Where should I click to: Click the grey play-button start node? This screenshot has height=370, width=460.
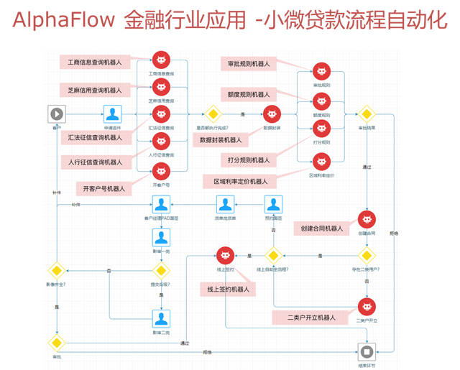(x=57, y=114)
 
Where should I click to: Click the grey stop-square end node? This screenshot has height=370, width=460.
(x=367, y=352)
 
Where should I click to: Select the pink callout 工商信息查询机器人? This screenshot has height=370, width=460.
(x=94, y=63)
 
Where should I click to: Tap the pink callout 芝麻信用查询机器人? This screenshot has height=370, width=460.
(x=94, y=90)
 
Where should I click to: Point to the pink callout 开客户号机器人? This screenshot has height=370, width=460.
(x=103, y=189)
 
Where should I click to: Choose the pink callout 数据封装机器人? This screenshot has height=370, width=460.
(x=220, y=139)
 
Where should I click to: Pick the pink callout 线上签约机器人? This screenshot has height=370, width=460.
(x=226, y=289)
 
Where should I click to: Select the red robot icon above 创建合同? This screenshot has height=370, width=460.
(x=367, y=219)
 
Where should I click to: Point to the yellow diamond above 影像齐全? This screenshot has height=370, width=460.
(x=57, y=271)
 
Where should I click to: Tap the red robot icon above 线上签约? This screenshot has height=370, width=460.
(x=226, y=255)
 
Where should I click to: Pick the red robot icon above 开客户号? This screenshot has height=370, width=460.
(x=162, y=170)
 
